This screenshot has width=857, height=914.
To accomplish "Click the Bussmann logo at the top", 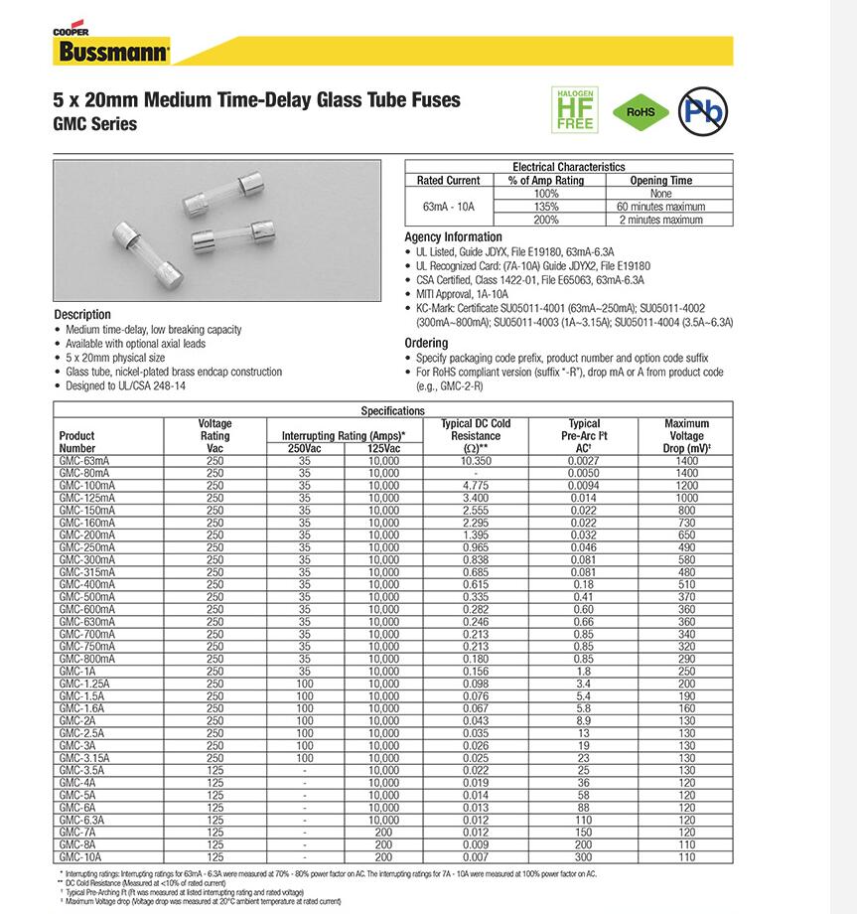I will click(x=111, y=52).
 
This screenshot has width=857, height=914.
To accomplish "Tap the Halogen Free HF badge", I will click(x=575, y=109).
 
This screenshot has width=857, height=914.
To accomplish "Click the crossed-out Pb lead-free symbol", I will click(x=702, y=109).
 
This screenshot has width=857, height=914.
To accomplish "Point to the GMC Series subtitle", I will click(x=95, y=124).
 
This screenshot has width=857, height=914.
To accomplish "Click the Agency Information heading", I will click(x=453, y=237).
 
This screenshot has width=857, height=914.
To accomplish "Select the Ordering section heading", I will click(x=427, y=343).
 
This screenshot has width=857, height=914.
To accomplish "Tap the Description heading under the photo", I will click(x=82, y=315).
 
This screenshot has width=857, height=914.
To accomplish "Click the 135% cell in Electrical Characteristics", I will click(x=546, y=207).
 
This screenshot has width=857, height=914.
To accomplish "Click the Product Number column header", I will click(x=77, y=442).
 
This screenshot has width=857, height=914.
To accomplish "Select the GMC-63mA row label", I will click(x=84, y=462).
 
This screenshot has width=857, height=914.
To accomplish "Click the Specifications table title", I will click(x=392, y=410).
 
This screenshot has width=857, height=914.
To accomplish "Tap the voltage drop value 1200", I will click(x=686, y=486).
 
